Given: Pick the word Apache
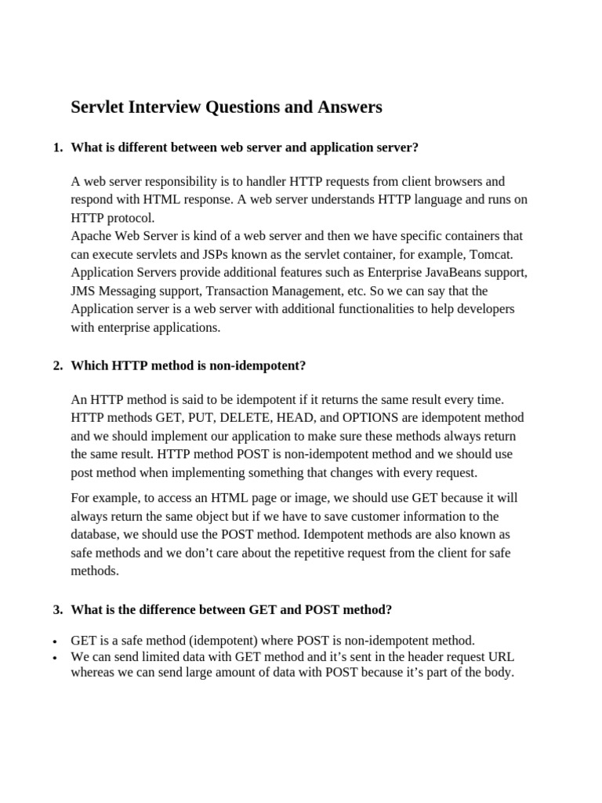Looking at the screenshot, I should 92,235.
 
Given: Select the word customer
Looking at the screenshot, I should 368,516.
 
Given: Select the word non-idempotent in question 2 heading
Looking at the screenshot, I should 255,365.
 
